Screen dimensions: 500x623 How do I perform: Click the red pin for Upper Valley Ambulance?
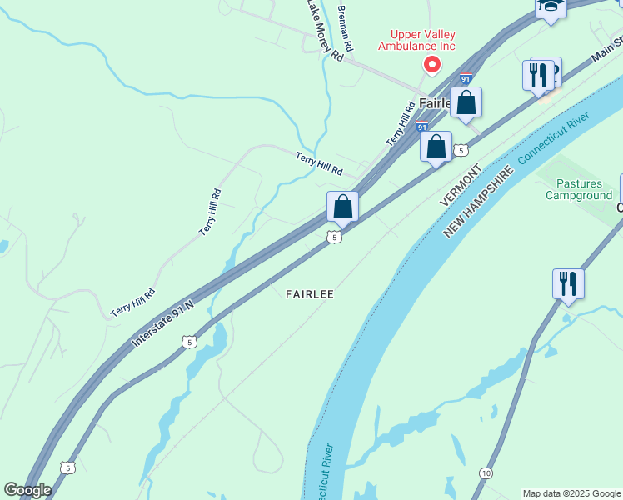(x=431, y=64)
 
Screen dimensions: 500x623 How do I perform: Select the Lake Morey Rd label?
(x=323, y=31)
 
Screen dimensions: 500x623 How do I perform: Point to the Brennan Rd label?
(x=345, y=28)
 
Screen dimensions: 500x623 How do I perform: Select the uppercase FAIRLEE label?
(x=309, y=294)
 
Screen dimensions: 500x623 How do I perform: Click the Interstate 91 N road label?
(x=162, y=325)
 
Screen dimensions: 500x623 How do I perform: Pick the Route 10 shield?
(x=485, y=473)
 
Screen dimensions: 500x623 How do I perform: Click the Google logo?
(x=27, y=489)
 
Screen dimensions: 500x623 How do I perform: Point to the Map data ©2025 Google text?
(x=571, y=493)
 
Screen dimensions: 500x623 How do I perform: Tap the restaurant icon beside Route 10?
(x=567, y=283)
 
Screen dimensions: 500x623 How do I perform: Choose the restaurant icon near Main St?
(x=538, y=75)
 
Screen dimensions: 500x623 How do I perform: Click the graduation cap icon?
(x=551, y=7)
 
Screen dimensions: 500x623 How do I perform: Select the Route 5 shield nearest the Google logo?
(x=68, y=467)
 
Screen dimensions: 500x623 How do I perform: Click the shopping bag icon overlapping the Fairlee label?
(x=466, y=103)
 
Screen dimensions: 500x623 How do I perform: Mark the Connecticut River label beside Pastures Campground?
(x=553, y=136)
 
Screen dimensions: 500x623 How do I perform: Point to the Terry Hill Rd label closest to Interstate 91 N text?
(x=133, y=302)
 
